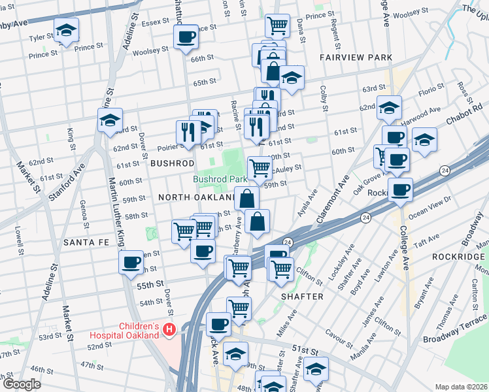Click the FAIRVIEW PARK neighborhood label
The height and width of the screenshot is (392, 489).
click(x=356, y=57)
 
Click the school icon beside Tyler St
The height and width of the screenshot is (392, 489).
click(x=66, y=30)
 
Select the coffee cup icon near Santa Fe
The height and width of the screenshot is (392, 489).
click(x=131, y=262)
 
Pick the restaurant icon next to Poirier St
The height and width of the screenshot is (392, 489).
click(x=188, y=131)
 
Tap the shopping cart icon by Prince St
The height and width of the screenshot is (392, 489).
click(x=277, y=25)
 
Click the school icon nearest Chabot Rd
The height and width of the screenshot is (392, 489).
click(x=425, y=139)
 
